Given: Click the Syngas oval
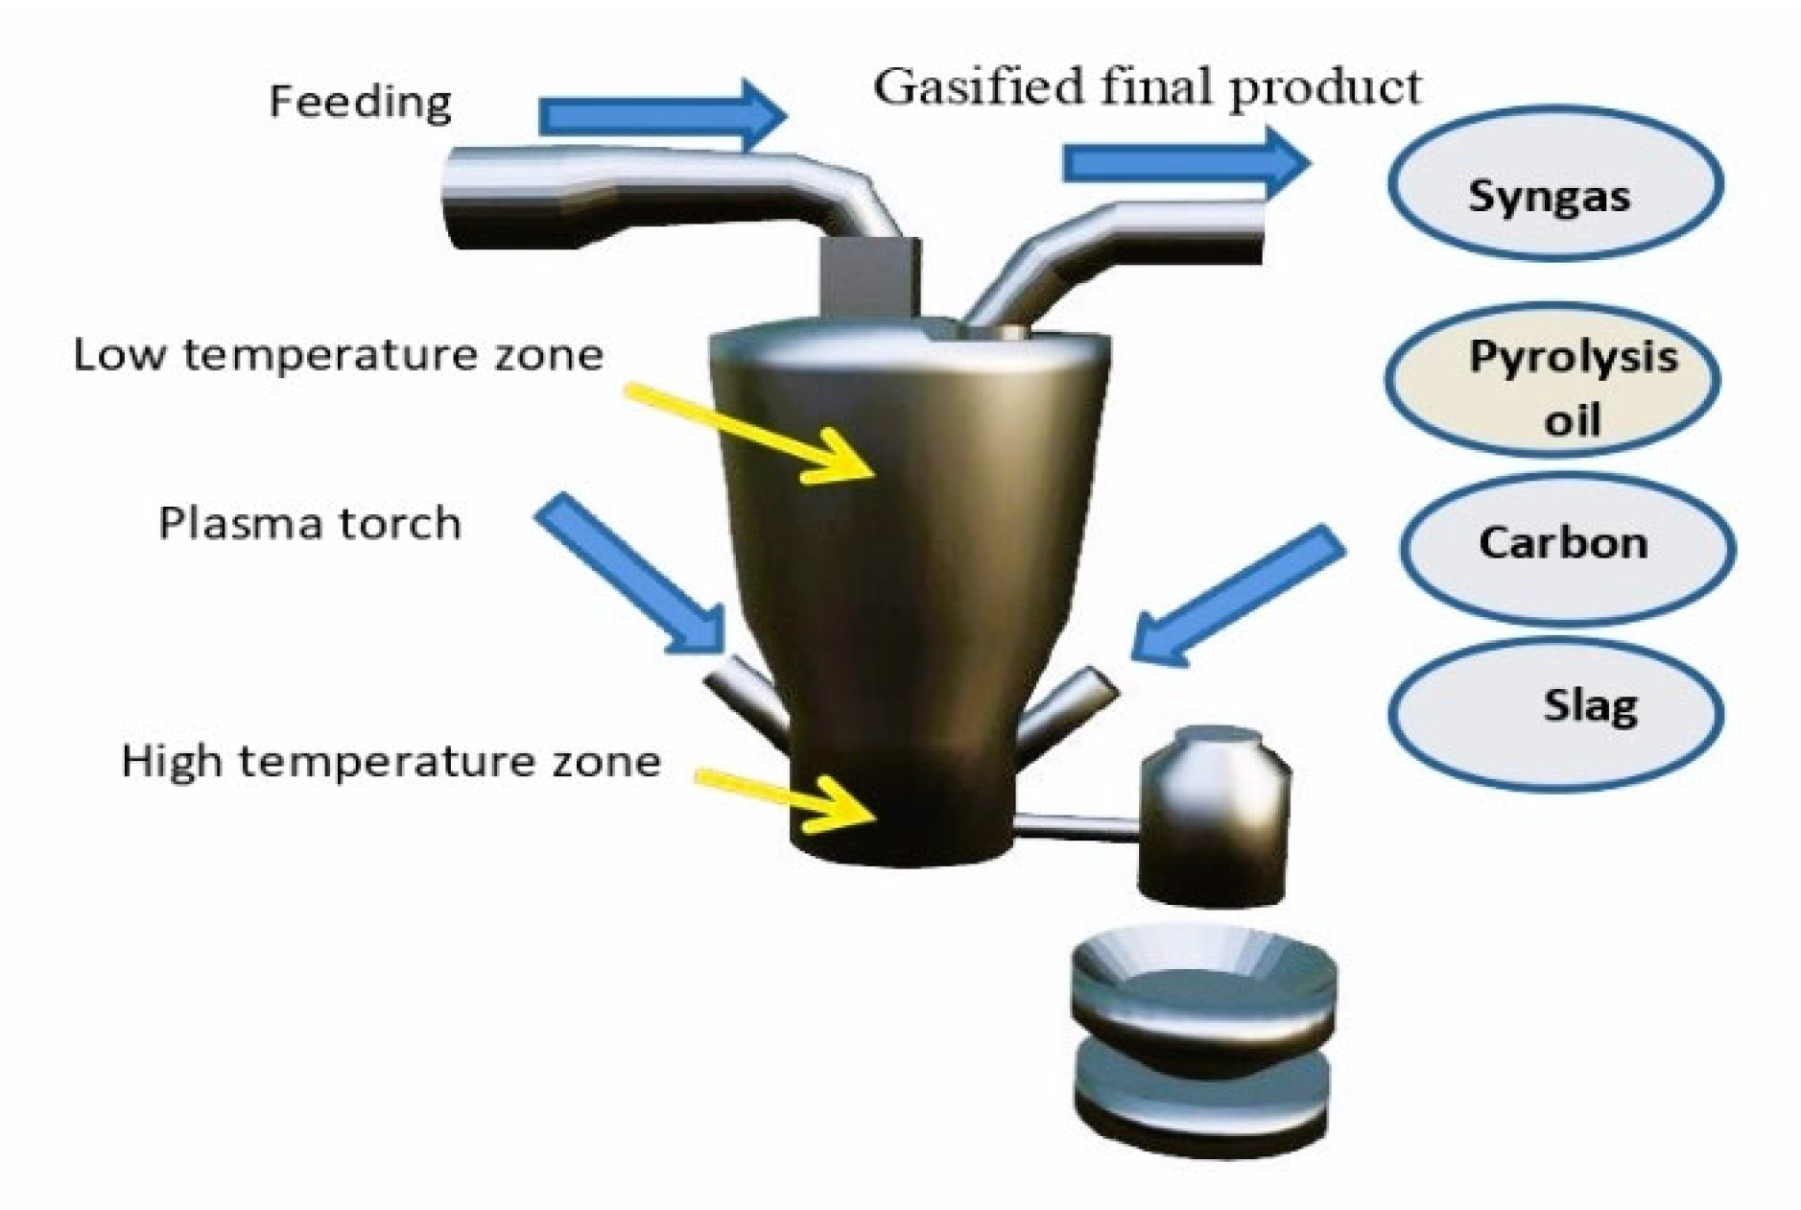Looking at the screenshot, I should pos(1554,183).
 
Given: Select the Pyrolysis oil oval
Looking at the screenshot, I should pos(1552,380).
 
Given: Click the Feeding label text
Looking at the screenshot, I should pos(359,102).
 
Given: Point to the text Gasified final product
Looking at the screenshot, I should pos(1147,86).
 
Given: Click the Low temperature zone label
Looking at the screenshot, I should pos(338,355).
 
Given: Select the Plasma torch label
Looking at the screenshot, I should pos(309,524).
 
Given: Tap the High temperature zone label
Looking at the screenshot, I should pos(391,761).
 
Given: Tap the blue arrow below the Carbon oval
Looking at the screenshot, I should pos(1238,595).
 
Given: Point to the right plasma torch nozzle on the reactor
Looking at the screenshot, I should pos(1065,710).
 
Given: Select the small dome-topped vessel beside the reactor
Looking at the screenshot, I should pos(1214,816).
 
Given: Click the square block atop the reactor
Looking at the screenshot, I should pos(868,278).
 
